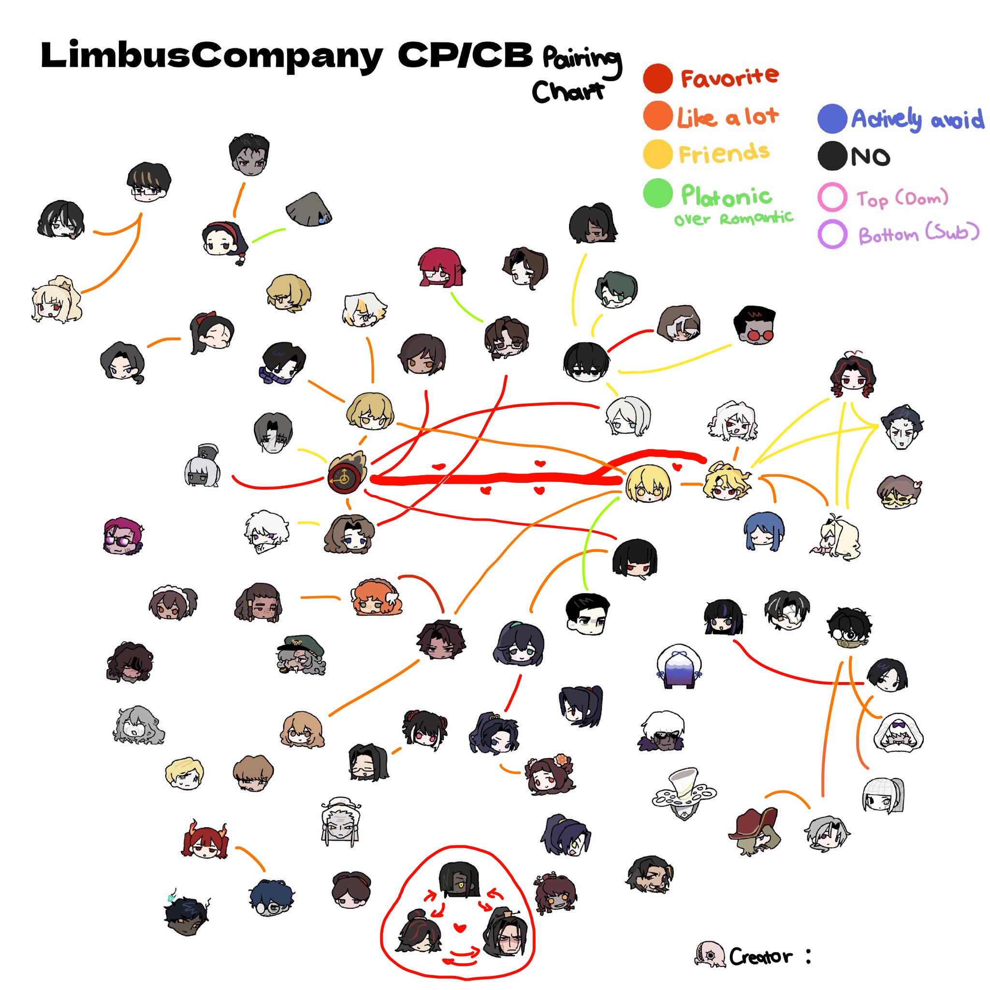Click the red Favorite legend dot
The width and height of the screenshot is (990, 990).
tap(658, 78)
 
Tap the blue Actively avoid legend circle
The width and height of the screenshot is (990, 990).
tap(832, 118)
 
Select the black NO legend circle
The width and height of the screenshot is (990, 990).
tap(832, 156)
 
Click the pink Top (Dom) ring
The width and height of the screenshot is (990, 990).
tap(832, 197)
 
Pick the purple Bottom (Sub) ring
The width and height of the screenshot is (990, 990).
tap(832, 233)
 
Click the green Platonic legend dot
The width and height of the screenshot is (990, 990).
tap(658, 193)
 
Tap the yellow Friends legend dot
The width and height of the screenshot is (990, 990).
tap(658, 154)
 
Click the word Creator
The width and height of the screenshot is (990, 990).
tap(760, 957)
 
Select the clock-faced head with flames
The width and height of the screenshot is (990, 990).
tap(347, 472)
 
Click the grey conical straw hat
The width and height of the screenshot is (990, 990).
tap(308, 209)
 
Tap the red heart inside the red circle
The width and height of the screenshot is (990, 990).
tap(460, 928)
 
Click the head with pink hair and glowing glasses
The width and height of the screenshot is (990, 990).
tap(123, 536)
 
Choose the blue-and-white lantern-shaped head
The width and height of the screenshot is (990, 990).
tap(678, 667)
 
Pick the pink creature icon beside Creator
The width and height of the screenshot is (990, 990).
tap(710, 955)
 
